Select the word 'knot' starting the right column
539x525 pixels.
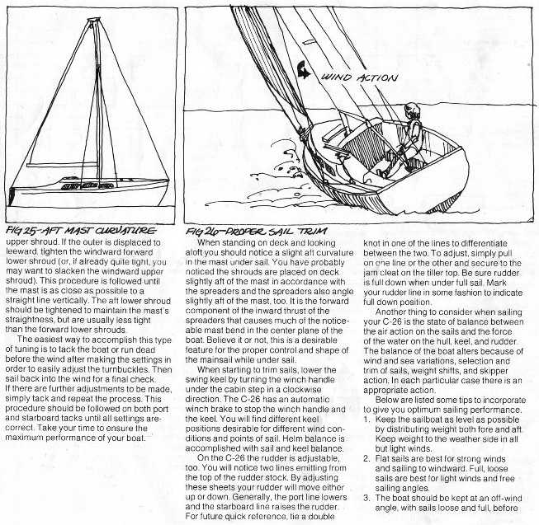pyautogui.click(x=374, y=245)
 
